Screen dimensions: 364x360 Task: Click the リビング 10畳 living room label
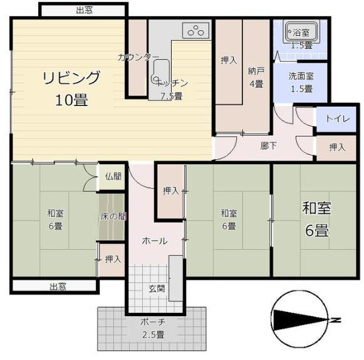[71, 88]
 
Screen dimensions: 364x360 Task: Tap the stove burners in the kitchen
[195, 31]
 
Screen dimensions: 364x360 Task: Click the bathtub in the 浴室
[301, 32]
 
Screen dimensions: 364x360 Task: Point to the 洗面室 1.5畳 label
[301, 83]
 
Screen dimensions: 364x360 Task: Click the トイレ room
[336, 119]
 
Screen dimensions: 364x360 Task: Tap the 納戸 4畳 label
[256, 77]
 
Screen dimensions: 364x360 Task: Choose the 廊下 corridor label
[269, 146]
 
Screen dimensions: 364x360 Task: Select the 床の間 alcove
[112, 216]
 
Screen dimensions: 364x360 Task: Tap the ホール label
[155, 241]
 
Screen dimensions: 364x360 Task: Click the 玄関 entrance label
[157, 289]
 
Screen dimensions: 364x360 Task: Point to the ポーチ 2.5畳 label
[153, 329]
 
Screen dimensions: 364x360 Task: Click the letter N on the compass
[335, 320]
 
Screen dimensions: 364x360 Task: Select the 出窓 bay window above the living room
[84, 11]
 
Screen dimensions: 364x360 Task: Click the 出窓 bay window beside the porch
[55, 286]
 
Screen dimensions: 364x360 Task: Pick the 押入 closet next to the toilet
[336, 147]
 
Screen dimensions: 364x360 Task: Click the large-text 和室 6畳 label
[316, 219]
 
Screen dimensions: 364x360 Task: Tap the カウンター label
[138, 57]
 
